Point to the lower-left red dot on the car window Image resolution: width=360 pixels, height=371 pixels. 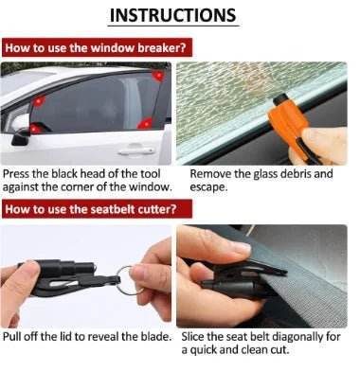(x=35, y=128)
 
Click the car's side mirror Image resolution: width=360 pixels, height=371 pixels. (x=21, y=136)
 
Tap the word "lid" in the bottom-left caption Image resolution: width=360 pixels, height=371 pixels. (x=68, y=337)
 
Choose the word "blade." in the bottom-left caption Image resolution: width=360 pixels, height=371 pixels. (x=152, y=337)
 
